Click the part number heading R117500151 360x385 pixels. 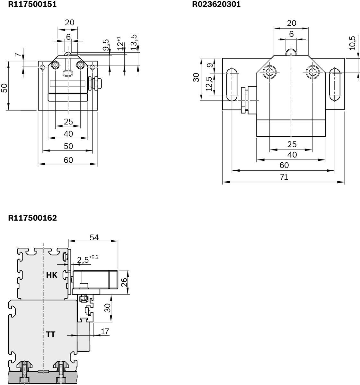click(x=32, y=4)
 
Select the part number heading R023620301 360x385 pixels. click(x=216, y=4)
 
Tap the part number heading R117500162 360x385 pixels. click(x=32, y=218)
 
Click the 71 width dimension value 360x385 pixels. click(x=284, y=177)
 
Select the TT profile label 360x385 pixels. click(x=50, y=335)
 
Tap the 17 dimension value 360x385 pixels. click(x=105, y=331)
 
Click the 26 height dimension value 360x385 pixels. click(x=124, y=282)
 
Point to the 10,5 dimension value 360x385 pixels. click(x=352, y=43)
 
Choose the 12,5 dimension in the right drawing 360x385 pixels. click(x=209, y=84)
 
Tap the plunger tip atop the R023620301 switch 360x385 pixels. click(x=291, y=52)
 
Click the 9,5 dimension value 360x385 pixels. click(x=106, y=46)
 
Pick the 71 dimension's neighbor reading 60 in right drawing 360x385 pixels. click(x=284, y=165)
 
